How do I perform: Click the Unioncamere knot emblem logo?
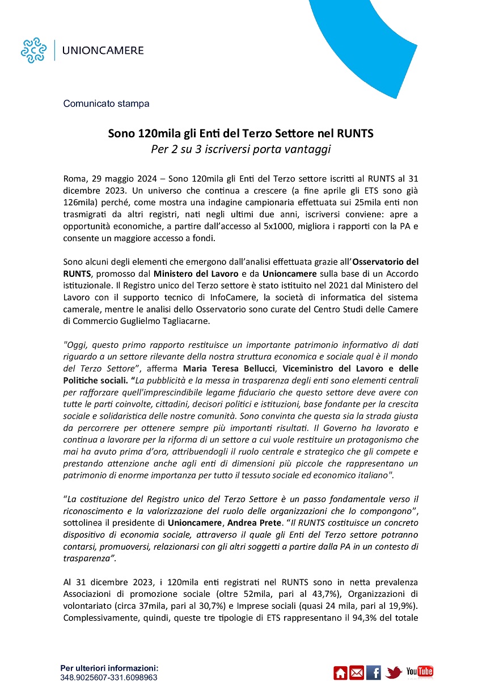click(x=33, y=50)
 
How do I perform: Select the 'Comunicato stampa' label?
click(x=106, y=104)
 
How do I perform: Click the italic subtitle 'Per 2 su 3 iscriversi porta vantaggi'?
click(x=240, y=150)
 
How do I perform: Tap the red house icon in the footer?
click(x=340, y=672)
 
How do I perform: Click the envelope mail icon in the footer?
click(x=357, y=672)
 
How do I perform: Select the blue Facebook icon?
click(x=374, y=672)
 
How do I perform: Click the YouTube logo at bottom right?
click(x=420, y=672)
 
